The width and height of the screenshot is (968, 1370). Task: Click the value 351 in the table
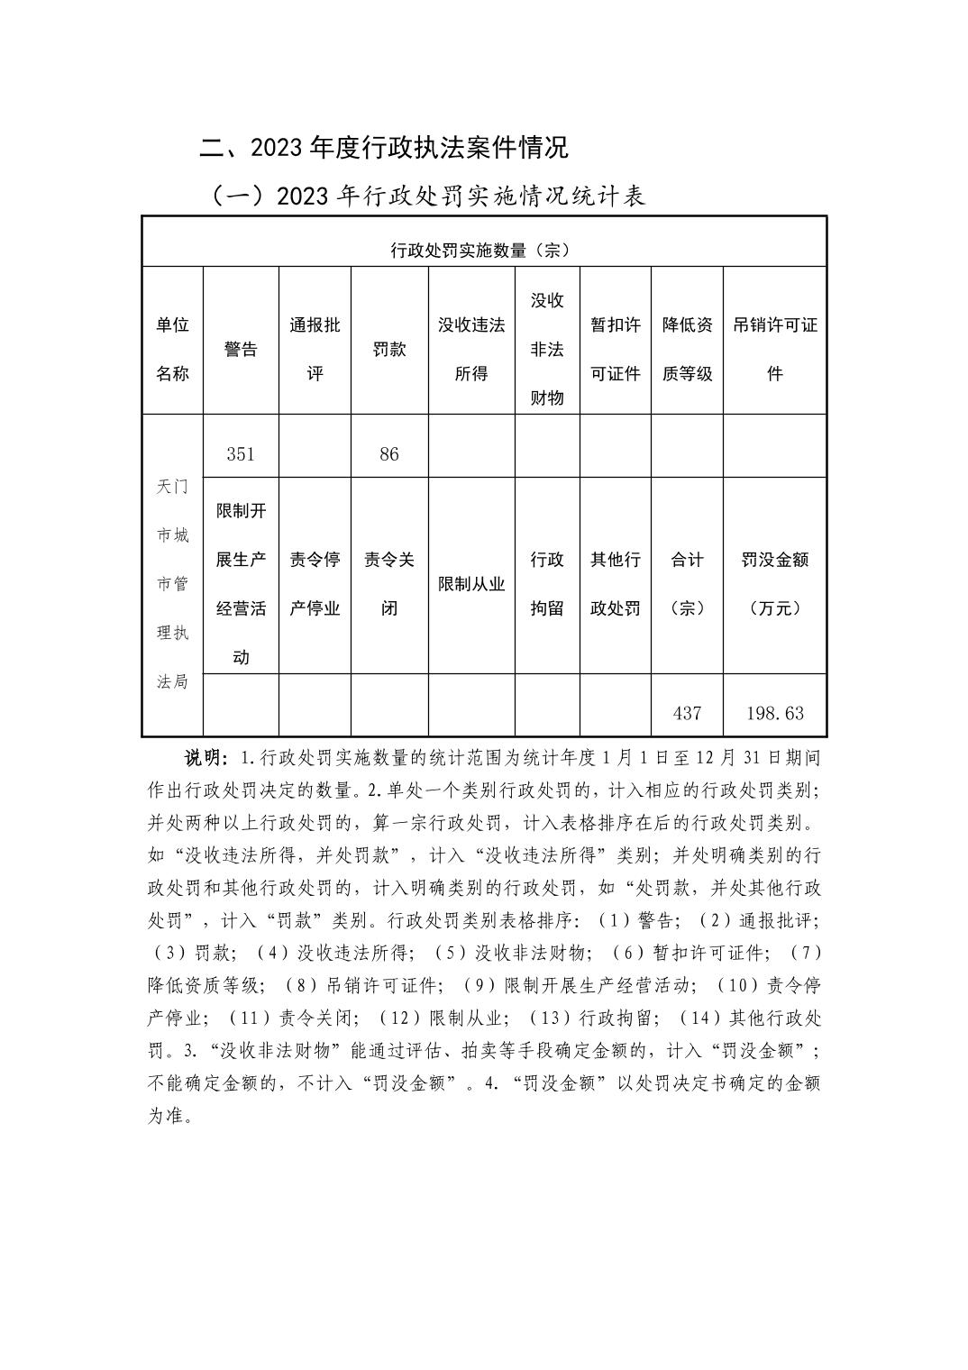pos(241,454)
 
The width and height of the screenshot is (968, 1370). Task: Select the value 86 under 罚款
pos(388,454)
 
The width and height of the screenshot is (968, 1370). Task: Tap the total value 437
pos(687,713)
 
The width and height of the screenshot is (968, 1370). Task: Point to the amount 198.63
pos(775,713)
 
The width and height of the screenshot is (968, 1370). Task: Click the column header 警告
pos(241,350)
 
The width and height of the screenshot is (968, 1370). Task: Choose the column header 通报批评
pos(315,350)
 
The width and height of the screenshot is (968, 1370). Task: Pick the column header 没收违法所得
pos(471,350)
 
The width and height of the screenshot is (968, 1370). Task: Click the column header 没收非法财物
pos(546,350)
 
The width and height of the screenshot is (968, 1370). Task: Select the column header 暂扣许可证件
pos(615,350)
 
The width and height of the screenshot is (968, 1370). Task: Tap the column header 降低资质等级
pos(687,350)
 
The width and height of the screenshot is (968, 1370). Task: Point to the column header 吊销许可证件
pos(775,350)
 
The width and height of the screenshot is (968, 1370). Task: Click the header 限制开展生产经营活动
pos(241,584)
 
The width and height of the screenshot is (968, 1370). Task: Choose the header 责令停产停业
pos(315,584)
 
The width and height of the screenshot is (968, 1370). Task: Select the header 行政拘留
pos(546,584)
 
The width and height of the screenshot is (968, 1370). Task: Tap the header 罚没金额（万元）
pos(775,584)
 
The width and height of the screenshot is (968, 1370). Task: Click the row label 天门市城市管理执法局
pos(172,584)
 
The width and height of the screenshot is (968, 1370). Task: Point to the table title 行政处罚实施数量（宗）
pos(479,250)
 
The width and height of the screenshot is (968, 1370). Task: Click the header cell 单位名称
pos(172,350)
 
